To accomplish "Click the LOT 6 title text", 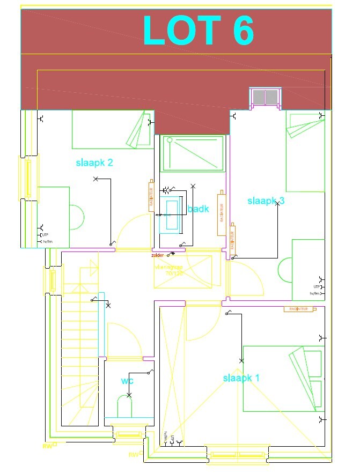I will click(x=198, y=31).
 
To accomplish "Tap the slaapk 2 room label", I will click(x=94, y=162).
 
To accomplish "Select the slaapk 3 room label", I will click(x=266, y=201).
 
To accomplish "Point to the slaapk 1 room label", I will click(x=241, y=378).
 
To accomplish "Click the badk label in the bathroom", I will click(x=198, y=209).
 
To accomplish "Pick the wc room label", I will click(x=127, y=381).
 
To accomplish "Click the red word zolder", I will click(x=159, y=256).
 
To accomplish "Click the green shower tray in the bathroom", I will click(x=192, y=153).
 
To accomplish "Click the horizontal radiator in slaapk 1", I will click(x=298, y=309).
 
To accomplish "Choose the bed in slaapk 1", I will click(x=283, y=379).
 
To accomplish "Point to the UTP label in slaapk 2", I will click(x=46, y=235).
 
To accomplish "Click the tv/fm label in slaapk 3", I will click(x=315, y=293).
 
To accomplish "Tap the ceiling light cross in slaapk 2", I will click(x=96, y=179).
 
